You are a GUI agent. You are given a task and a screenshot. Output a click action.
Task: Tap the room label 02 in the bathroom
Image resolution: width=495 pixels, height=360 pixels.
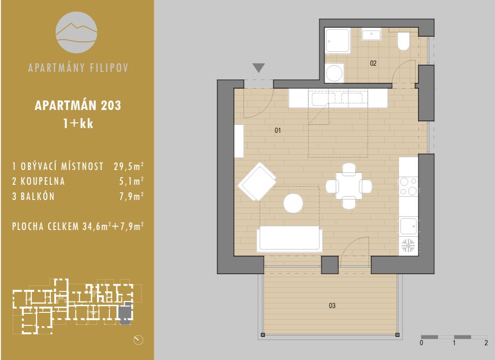[373, 63]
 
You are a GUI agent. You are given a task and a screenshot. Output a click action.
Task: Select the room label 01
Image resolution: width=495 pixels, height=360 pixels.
[278, 130]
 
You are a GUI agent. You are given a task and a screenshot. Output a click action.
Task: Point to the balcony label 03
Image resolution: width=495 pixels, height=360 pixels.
[332, 305]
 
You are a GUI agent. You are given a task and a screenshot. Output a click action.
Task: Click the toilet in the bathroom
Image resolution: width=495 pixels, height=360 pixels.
[403, 41]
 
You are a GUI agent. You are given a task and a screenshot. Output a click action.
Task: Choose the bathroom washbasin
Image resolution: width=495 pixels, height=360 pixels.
[371, 34]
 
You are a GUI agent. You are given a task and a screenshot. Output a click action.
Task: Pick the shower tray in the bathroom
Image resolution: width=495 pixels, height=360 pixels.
[337, 41]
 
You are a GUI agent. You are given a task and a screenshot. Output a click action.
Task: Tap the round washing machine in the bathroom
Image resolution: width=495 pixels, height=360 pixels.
[334, 73]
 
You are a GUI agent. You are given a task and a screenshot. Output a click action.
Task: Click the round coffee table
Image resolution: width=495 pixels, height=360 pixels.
[293, 203]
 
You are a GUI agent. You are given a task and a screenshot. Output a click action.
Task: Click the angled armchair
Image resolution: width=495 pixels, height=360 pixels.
[257, 182]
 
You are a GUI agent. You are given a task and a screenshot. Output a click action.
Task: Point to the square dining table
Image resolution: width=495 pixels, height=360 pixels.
[349, 186]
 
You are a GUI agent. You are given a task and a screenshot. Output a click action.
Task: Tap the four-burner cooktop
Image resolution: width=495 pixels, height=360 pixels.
[408, 186]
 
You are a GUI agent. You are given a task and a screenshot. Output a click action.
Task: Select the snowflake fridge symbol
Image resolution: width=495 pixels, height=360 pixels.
[408, 246]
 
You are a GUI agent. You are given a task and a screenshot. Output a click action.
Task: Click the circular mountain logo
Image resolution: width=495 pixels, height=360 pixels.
[77, 32]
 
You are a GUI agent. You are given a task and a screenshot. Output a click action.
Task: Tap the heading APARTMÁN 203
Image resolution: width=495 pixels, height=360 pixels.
[78, 105]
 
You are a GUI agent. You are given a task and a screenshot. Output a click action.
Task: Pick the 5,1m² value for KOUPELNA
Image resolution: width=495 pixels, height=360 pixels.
[131, 181]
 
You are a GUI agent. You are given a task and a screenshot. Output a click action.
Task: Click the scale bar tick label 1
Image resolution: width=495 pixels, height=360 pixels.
[454, 343]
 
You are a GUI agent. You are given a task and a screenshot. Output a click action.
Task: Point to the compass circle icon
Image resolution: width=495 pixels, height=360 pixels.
[139, 340]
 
